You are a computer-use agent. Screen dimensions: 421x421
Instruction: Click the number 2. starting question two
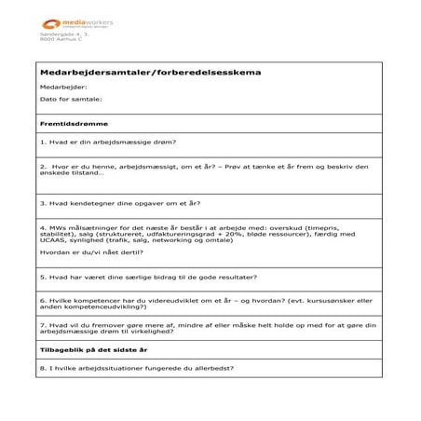(x=45, y=167)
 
